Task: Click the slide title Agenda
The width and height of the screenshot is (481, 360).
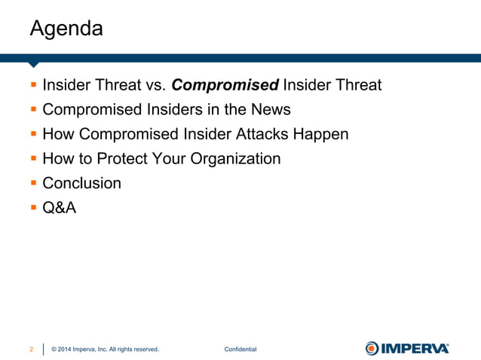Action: (66, 29)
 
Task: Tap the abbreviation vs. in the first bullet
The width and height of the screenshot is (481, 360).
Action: (154, 85)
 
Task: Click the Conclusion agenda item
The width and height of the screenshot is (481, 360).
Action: (81, 183)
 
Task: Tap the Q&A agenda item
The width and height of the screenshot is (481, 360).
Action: (59, 208)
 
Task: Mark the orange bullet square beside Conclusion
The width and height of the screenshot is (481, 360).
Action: (33, 184)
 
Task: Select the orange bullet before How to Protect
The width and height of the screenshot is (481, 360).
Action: (33, 160)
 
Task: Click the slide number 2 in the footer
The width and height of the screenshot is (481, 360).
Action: (31, 349)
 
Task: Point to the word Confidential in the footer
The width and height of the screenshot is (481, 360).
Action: (240, 349)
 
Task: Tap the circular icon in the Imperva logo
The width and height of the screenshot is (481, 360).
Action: (372, 348)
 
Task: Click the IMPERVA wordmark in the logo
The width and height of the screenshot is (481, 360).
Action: (415, 348)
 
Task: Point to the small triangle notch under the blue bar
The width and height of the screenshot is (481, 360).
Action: (32, 65)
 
